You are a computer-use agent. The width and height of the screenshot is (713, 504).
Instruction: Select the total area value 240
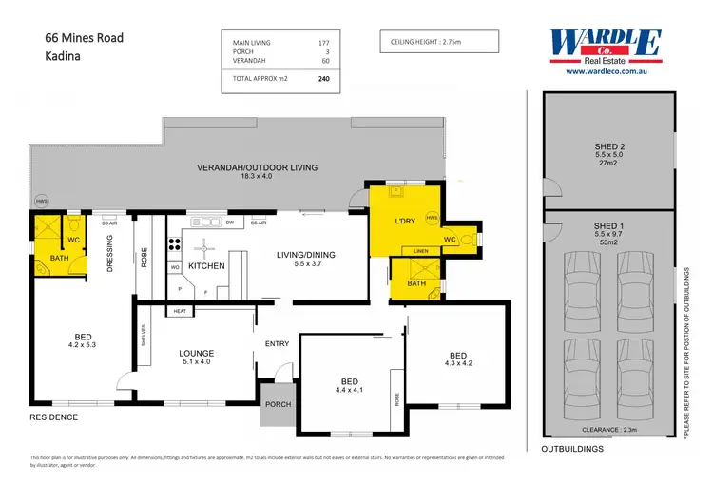[324, 81]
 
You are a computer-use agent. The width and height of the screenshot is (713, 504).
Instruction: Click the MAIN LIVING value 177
[323, 43]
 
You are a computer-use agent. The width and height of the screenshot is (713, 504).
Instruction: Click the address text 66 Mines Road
[85, 38]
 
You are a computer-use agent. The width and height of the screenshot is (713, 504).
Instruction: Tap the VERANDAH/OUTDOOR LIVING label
[257, 167]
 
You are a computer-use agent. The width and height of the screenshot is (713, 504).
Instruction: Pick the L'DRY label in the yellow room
[406, 222]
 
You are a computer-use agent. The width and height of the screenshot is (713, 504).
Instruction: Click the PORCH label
[278, 404]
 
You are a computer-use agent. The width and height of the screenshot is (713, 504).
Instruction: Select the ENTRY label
[278, 343]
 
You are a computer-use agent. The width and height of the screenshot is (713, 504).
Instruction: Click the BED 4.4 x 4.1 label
[349, 384]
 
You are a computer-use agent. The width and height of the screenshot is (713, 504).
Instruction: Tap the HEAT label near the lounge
[180, 311]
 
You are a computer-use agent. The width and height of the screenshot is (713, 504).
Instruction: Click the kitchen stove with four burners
[175, 242]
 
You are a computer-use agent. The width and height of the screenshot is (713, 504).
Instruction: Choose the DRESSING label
[110, 254]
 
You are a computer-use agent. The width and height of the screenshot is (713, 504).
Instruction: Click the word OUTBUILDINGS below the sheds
[573, 448]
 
